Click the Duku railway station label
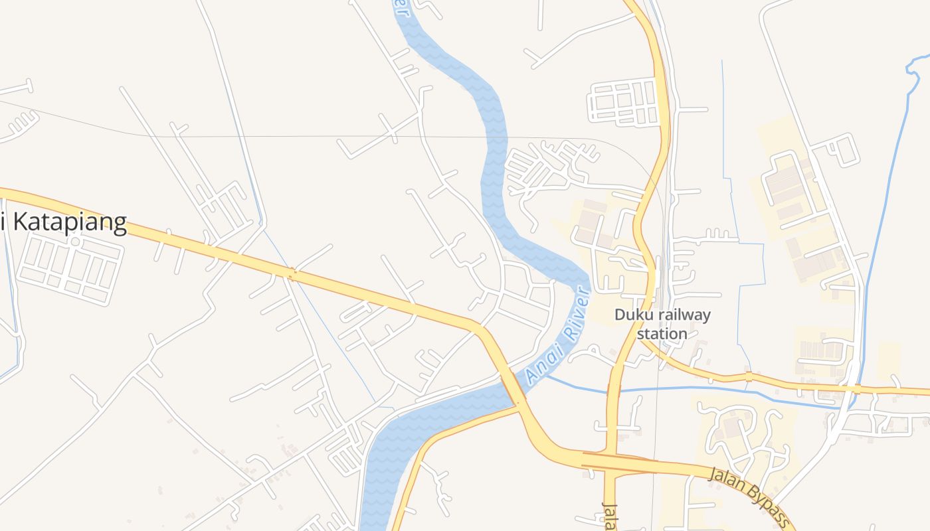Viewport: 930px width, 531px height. (x=662, y=324)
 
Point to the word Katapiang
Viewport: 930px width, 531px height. (x=70, y=222)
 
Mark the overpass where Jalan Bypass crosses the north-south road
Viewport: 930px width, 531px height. (x=614, y=461)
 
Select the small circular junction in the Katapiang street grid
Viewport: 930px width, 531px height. (x=75, y=242)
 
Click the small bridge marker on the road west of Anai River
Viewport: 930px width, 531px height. (x=291, y=272)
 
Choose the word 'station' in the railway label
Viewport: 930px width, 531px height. (x=662, y=333)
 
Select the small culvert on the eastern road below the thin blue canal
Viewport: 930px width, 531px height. (x=749, y=376)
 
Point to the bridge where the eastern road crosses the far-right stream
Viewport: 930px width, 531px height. (x=857, y=389)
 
